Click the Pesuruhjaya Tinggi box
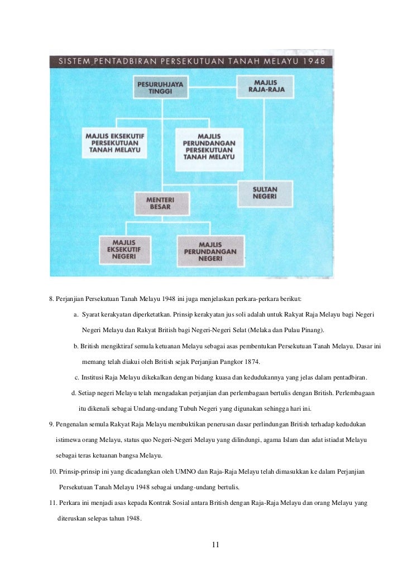coord(160,87)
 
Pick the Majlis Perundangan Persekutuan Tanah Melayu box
coord(209,146)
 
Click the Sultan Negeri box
coord(265,193)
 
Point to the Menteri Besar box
coord(158,202)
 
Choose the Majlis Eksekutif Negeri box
coord(126,250)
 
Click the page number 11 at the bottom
coord(215,544)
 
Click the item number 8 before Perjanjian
coord(51,300)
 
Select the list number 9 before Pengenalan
coord(51,424)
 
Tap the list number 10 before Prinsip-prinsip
coord(52,471)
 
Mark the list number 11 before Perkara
coord(52,503)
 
